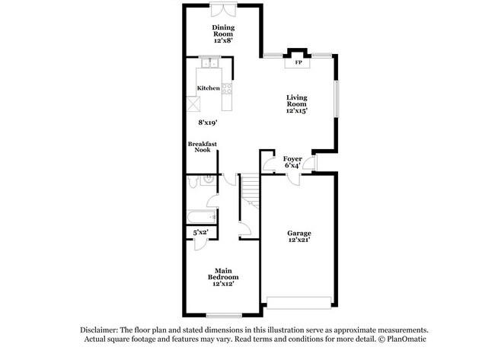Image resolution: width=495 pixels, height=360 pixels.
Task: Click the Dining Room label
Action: click(223, 30)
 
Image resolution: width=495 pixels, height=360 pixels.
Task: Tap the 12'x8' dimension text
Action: click(223, 40)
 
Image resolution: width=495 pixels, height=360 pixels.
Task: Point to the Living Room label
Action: click(296, 100)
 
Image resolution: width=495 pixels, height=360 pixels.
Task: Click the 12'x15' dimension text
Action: click(296, 111)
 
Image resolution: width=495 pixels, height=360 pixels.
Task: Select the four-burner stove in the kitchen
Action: click(226, 88)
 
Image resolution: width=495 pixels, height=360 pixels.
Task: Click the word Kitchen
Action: click(208, 88)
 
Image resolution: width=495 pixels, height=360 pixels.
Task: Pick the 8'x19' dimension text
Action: click(208, 122)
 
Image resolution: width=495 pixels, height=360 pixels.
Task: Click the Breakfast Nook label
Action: click(202, 147)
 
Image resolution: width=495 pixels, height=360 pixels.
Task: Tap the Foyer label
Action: click(293, 159)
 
